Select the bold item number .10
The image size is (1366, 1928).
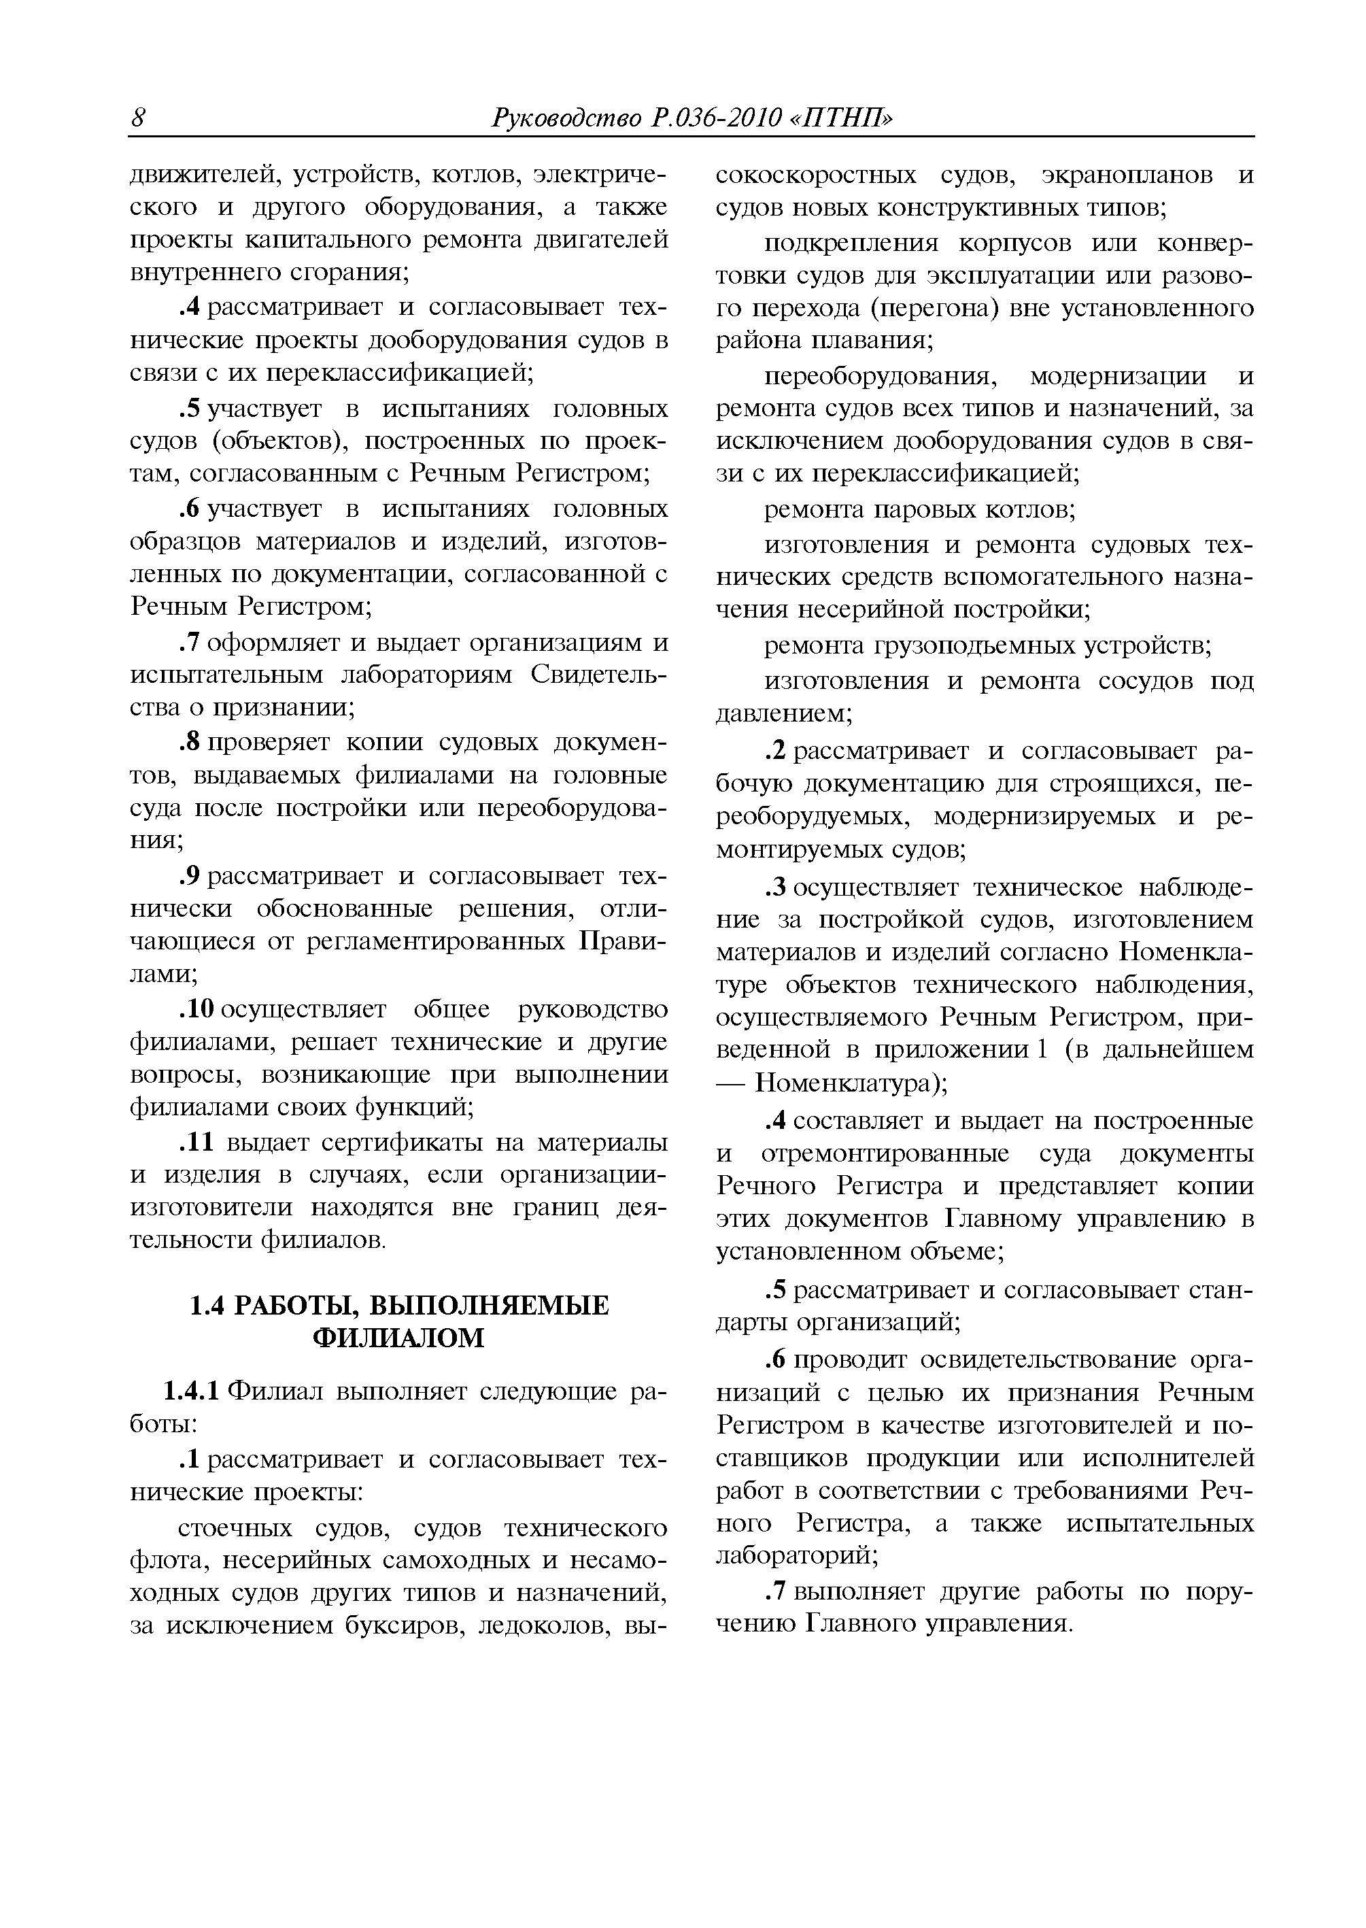click(x=199, y=1009)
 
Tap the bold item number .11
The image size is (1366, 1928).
click(x=199, y=1141)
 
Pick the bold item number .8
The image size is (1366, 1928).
click(x=191, y=743)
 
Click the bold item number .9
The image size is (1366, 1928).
click(x=191, y=876)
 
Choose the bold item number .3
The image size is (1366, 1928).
click(x=776, y=887)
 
